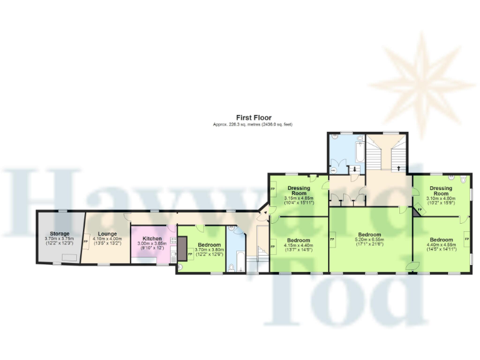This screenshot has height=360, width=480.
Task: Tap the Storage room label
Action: (x=60, y=233)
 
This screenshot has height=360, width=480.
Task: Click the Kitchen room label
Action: (x=153, y=239)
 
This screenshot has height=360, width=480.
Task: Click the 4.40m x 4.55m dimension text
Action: (x=441, y=245)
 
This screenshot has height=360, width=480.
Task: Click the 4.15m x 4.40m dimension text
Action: (x=299, y=245)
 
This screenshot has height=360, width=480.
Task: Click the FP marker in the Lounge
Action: (x=86, y=241)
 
